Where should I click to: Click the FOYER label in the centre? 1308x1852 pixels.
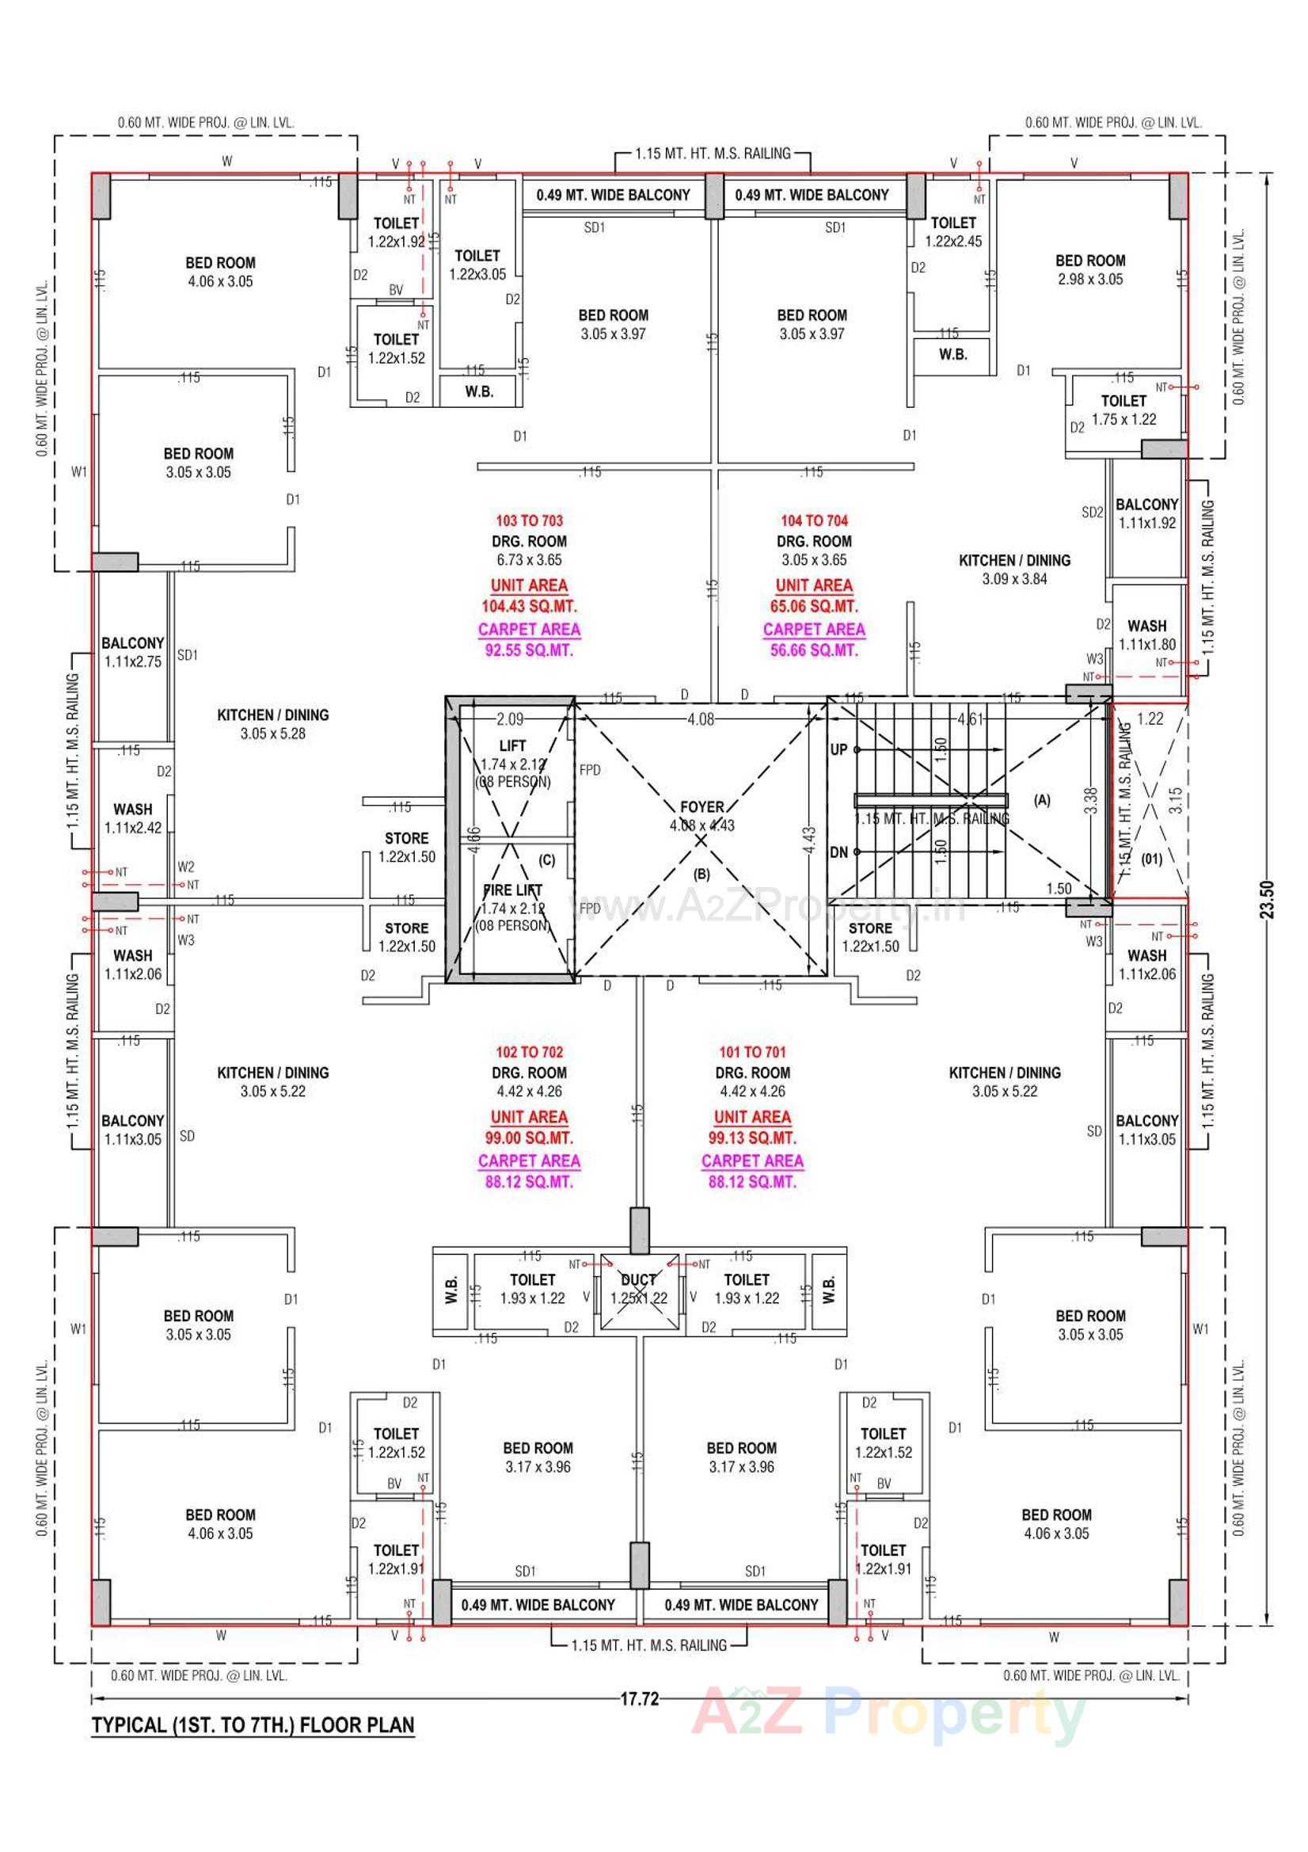tap(702, 807)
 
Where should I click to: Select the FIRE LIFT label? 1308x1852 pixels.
tap(512, 890)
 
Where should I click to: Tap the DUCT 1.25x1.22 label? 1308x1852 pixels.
tap(638, 1289)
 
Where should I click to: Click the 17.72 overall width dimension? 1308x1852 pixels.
tap(639, 1700)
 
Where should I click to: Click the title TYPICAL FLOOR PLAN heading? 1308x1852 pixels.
tap(253, 1725)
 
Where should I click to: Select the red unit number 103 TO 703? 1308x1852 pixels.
tap(529, 521)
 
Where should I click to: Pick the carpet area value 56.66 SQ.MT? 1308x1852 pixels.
tap(814, 650)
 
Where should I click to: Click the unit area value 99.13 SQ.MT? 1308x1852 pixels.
tap(751, 1138)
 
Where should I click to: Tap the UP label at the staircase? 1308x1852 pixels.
tap(838, 749)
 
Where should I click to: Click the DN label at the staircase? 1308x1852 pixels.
tap(838, 852)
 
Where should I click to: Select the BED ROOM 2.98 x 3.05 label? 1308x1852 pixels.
tap(1090, 269)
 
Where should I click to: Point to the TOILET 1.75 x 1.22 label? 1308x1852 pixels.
tap(1124, 410)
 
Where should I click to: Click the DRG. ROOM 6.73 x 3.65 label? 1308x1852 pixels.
tap(529, 550)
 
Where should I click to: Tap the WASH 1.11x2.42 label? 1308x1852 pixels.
tap(133, 818)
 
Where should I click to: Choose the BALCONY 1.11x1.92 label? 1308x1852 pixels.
tap(1146, 513)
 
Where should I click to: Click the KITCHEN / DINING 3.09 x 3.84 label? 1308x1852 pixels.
tap(1014, 569)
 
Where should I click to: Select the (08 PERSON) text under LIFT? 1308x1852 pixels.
tap(512, 782)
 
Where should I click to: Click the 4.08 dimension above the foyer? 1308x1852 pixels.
tap(700, 719)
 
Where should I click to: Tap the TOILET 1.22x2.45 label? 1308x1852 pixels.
tap(953, 231)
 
